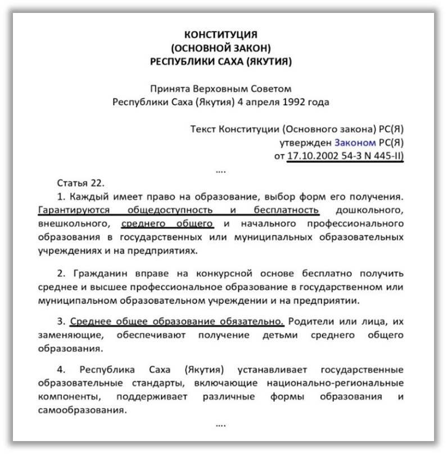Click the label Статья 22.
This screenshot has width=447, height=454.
tap(81, 184)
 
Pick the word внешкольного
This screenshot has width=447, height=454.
tap(71, 223)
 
